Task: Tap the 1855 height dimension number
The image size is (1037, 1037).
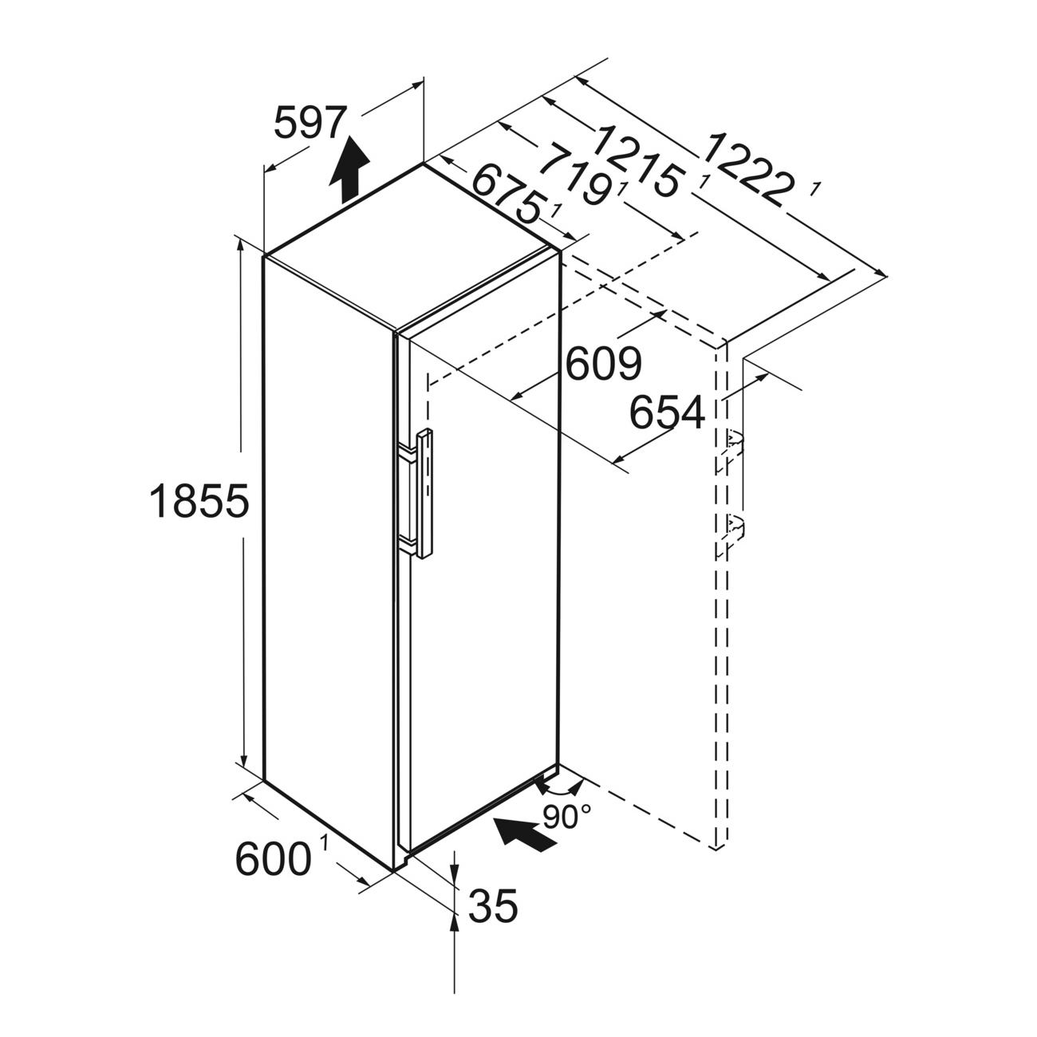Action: click(199, 501)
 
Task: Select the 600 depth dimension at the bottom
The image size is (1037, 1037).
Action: click(274, 858)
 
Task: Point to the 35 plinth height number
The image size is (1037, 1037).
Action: click(493, 905)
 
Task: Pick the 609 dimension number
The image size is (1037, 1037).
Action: click(604, 363)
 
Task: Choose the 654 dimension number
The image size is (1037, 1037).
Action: click(667, 412)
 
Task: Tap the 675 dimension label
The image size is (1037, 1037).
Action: click(506, 193)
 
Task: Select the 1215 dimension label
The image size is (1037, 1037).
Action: click(640, 160)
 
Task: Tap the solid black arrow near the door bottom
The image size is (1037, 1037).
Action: click(524, 834)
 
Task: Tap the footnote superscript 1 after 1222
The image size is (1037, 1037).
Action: click(815, 188)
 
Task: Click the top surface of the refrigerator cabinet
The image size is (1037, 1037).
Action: click(412, 246)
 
